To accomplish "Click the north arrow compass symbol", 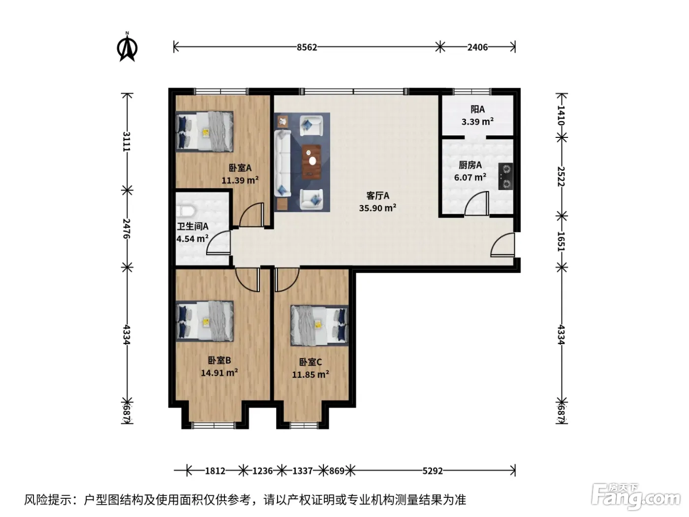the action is coord(127,47).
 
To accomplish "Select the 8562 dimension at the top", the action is coord(307,47).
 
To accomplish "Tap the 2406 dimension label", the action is coord(477,47).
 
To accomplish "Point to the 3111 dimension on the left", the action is coord(126,141).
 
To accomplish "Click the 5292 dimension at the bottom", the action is coord(432,471).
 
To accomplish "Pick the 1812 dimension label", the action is coord(215,471).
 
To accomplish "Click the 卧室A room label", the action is coord(240,168).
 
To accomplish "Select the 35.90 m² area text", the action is coord(377,208).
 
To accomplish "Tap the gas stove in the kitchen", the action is coord(505,176).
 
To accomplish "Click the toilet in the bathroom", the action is coord(186,211).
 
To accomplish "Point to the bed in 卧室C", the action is coord(319,325).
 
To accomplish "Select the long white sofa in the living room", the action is coord(282,163).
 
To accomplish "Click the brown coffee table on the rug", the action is coord(312,162).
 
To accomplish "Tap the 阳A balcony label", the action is coord(477,109).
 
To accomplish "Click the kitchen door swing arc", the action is coord(476,204).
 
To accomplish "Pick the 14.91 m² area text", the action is coord(219,373).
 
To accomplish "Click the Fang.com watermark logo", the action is coord(636,497).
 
